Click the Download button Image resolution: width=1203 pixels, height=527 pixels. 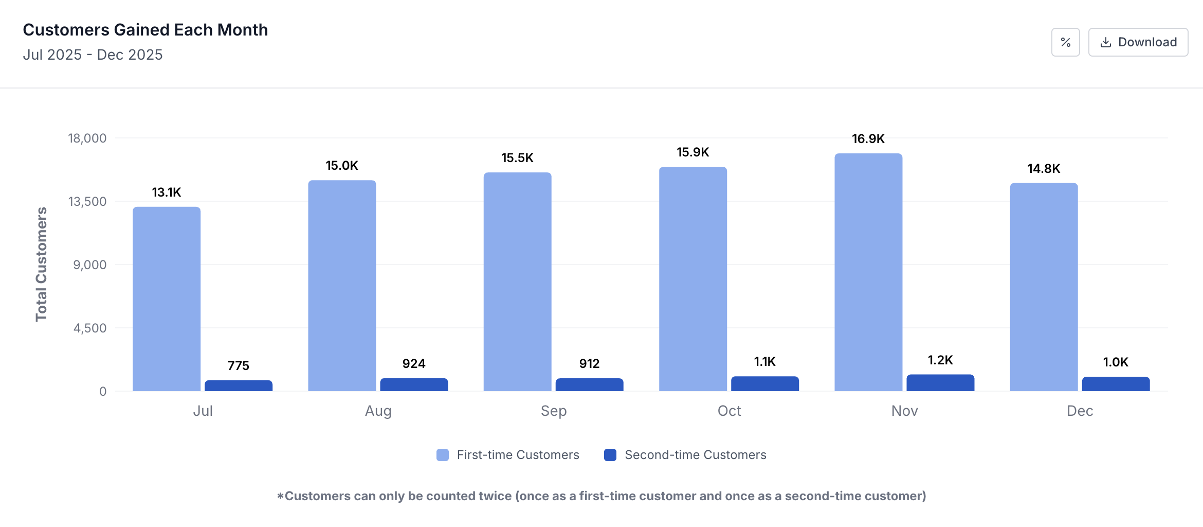tap(1138, 42)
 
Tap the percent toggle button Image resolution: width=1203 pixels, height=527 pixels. tap(1065, 42)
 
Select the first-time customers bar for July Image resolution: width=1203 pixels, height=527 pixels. tap(167, 298)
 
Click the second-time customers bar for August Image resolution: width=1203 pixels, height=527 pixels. tap(414, 384)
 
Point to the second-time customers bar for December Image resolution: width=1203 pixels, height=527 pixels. tap(1116, 384)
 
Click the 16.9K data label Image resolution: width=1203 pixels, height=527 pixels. tap(868, 139)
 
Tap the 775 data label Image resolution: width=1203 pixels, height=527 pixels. tap(239, 366)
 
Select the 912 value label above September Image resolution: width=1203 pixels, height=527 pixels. tap(589, 364)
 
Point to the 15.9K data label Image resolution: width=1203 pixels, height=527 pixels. tap(692, 152)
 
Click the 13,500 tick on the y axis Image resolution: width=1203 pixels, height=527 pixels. tap(87, 202)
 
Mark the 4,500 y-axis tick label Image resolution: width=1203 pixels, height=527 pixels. tap(90, 328)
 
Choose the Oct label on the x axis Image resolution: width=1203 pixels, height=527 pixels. tap(729, 411)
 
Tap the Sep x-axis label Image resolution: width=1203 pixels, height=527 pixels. tap(554, 411)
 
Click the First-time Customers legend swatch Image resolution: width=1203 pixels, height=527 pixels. tap(442, 455)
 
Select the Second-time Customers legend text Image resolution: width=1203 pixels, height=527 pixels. tap(695, 455)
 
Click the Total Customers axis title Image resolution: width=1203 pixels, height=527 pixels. tap(41, 264)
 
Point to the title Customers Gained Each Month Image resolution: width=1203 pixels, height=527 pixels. tap(145, 30)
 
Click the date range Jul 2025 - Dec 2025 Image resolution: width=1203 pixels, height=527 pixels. tap(93, 55)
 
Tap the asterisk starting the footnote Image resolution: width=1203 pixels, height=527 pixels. tap(280, 496)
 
